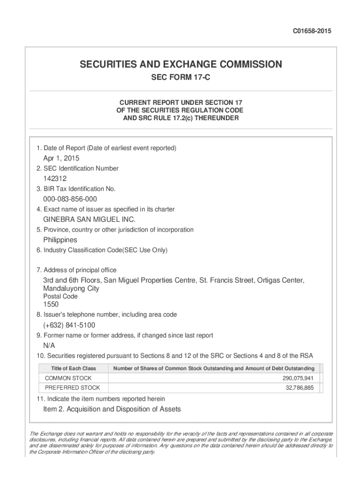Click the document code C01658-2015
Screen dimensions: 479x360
(x=312, y=31)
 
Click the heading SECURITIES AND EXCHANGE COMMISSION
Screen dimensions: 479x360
(x=180, y=64)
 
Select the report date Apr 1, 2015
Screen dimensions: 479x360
(x=61, y=158)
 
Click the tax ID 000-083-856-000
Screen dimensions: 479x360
(x=70, y=199)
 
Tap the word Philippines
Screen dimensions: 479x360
(x=60, y=240)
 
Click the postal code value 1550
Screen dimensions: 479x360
(x=51, y=305)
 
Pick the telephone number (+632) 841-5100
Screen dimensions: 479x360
(x=70, y=325)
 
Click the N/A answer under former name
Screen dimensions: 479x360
(x=49, y=346)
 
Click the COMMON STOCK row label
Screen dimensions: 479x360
(x=68, y=378)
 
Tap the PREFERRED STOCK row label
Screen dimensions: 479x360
(x=72, y=388)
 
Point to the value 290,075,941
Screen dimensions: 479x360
(x=298, y=378)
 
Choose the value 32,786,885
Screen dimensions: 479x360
(x=300, y=388)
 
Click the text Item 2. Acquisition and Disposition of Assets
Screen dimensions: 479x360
(x=112, y=409)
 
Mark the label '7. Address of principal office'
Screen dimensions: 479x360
(x=76, y=270)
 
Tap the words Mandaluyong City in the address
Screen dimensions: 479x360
(x=71, y=289)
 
